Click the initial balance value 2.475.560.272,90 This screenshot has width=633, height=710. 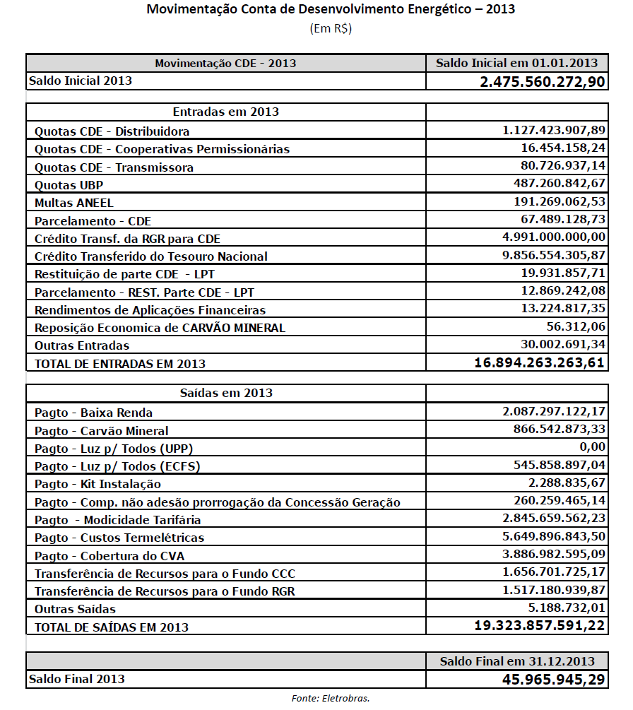tap(542, 82)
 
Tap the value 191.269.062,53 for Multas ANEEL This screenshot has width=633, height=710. tap(554, 202)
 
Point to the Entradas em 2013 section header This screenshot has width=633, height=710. tap(225, 112)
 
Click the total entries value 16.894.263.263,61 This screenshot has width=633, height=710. tap(540, 362)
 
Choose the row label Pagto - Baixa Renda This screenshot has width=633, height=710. tap(93, 413)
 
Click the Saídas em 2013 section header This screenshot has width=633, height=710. tap(225, 394)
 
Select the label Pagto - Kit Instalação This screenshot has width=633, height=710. tap(97, 484)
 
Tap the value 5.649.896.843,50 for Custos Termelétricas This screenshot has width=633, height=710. tap(549, 537)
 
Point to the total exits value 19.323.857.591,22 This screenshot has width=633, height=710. tap(540, 625)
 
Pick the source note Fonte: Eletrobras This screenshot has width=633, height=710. tap(330, 698)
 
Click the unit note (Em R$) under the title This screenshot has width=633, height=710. tap(330, 29)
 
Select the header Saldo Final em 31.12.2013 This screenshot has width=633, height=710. tap(516, 661)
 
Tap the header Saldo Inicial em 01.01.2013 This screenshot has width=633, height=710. tap(516, 63)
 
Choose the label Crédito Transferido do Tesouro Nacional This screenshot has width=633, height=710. tap(151, 256)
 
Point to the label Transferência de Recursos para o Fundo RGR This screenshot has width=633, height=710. tap(165, 591)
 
